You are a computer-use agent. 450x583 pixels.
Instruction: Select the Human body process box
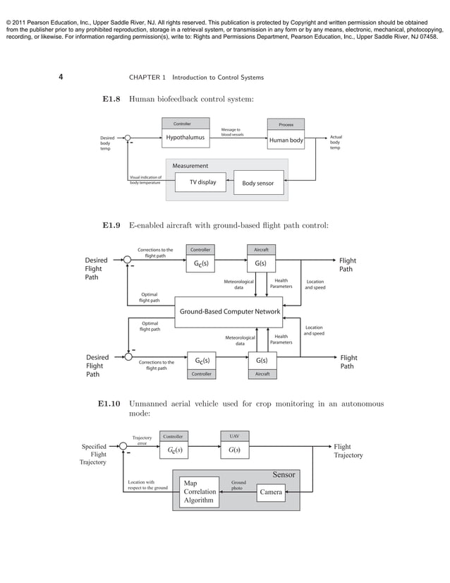[x=286, y=140]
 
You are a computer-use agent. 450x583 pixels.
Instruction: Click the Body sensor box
[x=258, y=184]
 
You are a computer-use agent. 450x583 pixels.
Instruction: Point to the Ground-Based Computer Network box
[x=230, y=311]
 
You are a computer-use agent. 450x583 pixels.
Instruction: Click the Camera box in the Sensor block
[x=272, y=492]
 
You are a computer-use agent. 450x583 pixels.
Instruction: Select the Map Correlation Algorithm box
[x=199, y=492]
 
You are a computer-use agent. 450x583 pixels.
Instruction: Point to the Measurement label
[x=190, y=166]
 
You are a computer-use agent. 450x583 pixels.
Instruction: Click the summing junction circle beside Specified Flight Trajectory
[x=124, y=446]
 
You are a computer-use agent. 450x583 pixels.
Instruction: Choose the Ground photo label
[x=239, y=485]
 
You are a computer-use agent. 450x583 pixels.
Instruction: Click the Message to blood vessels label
[x=232, y=132]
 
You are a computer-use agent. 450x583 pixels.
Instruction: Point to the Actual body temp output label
[x=336, y=143]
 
